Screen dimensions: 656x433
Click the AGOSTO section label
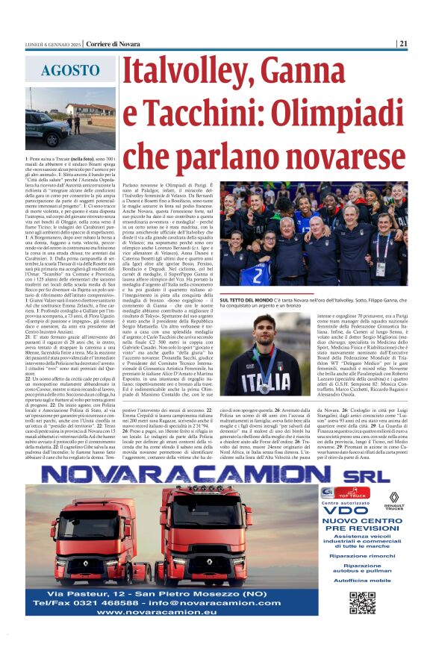coord(72,71)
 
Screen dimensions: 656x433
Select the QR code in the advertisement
coord(363,602)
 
